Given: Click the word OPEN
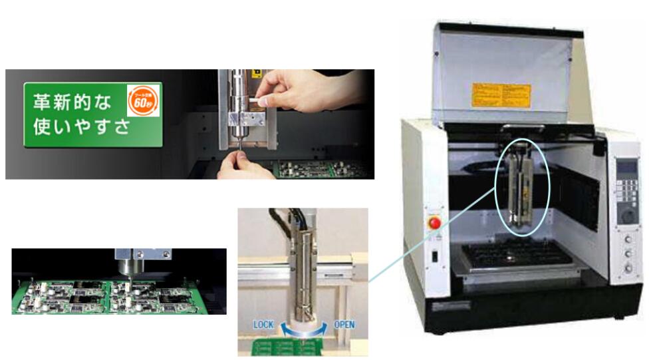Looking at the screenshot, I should [344, 324].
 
